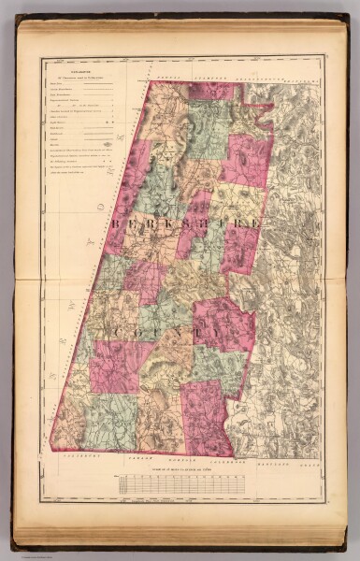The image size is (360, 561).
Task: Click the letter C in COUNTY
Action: click(x=114, y=331)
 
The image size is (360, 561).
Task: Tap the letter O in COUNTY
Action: click(x=140, y=331)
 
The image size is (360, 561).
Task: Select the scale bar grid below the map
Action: click(x=182, y=482)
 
